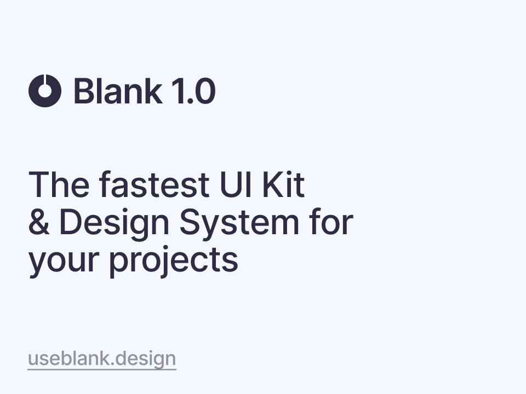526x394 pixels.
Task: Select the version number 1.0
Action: click(193, 91)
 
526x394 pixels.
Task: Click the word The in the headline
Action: click(59, 184)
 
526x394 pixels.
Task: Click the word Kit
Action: click(283, 184)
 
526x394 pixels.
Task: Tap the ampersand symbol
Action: click(39, 222)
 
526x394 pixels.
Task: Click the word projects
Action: click(174, 262)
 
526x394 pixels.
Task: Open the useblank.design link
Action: click(102, 359)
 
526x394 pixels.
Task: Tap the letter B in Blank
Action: click(84, 91)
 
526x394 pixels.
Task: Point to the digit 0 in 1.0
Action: click(204, 91)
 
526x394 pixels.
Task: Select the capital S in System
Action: click(191, 222)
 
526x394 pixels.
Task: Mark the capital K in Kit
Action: click(273, 184)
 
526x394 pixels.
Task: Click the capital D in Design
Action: click(71, 222)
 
